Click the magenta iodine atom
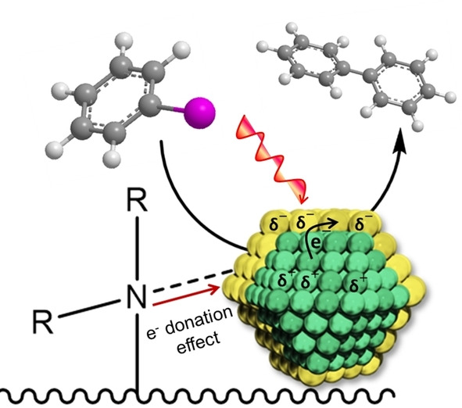[200, 113]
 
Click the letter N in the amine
[137, 297]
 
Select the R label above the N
[137, 201]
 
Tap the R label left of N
[43, 322]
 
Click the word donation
[199, 322]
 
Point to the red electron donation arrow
[187, 295]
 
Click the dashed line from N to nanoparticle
[194, 281]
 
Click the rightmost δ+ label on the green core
[357, 284]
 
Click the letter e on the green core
[315, 244]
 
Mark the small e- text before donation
[152, 334]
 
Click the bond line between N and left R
[90, 309]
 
